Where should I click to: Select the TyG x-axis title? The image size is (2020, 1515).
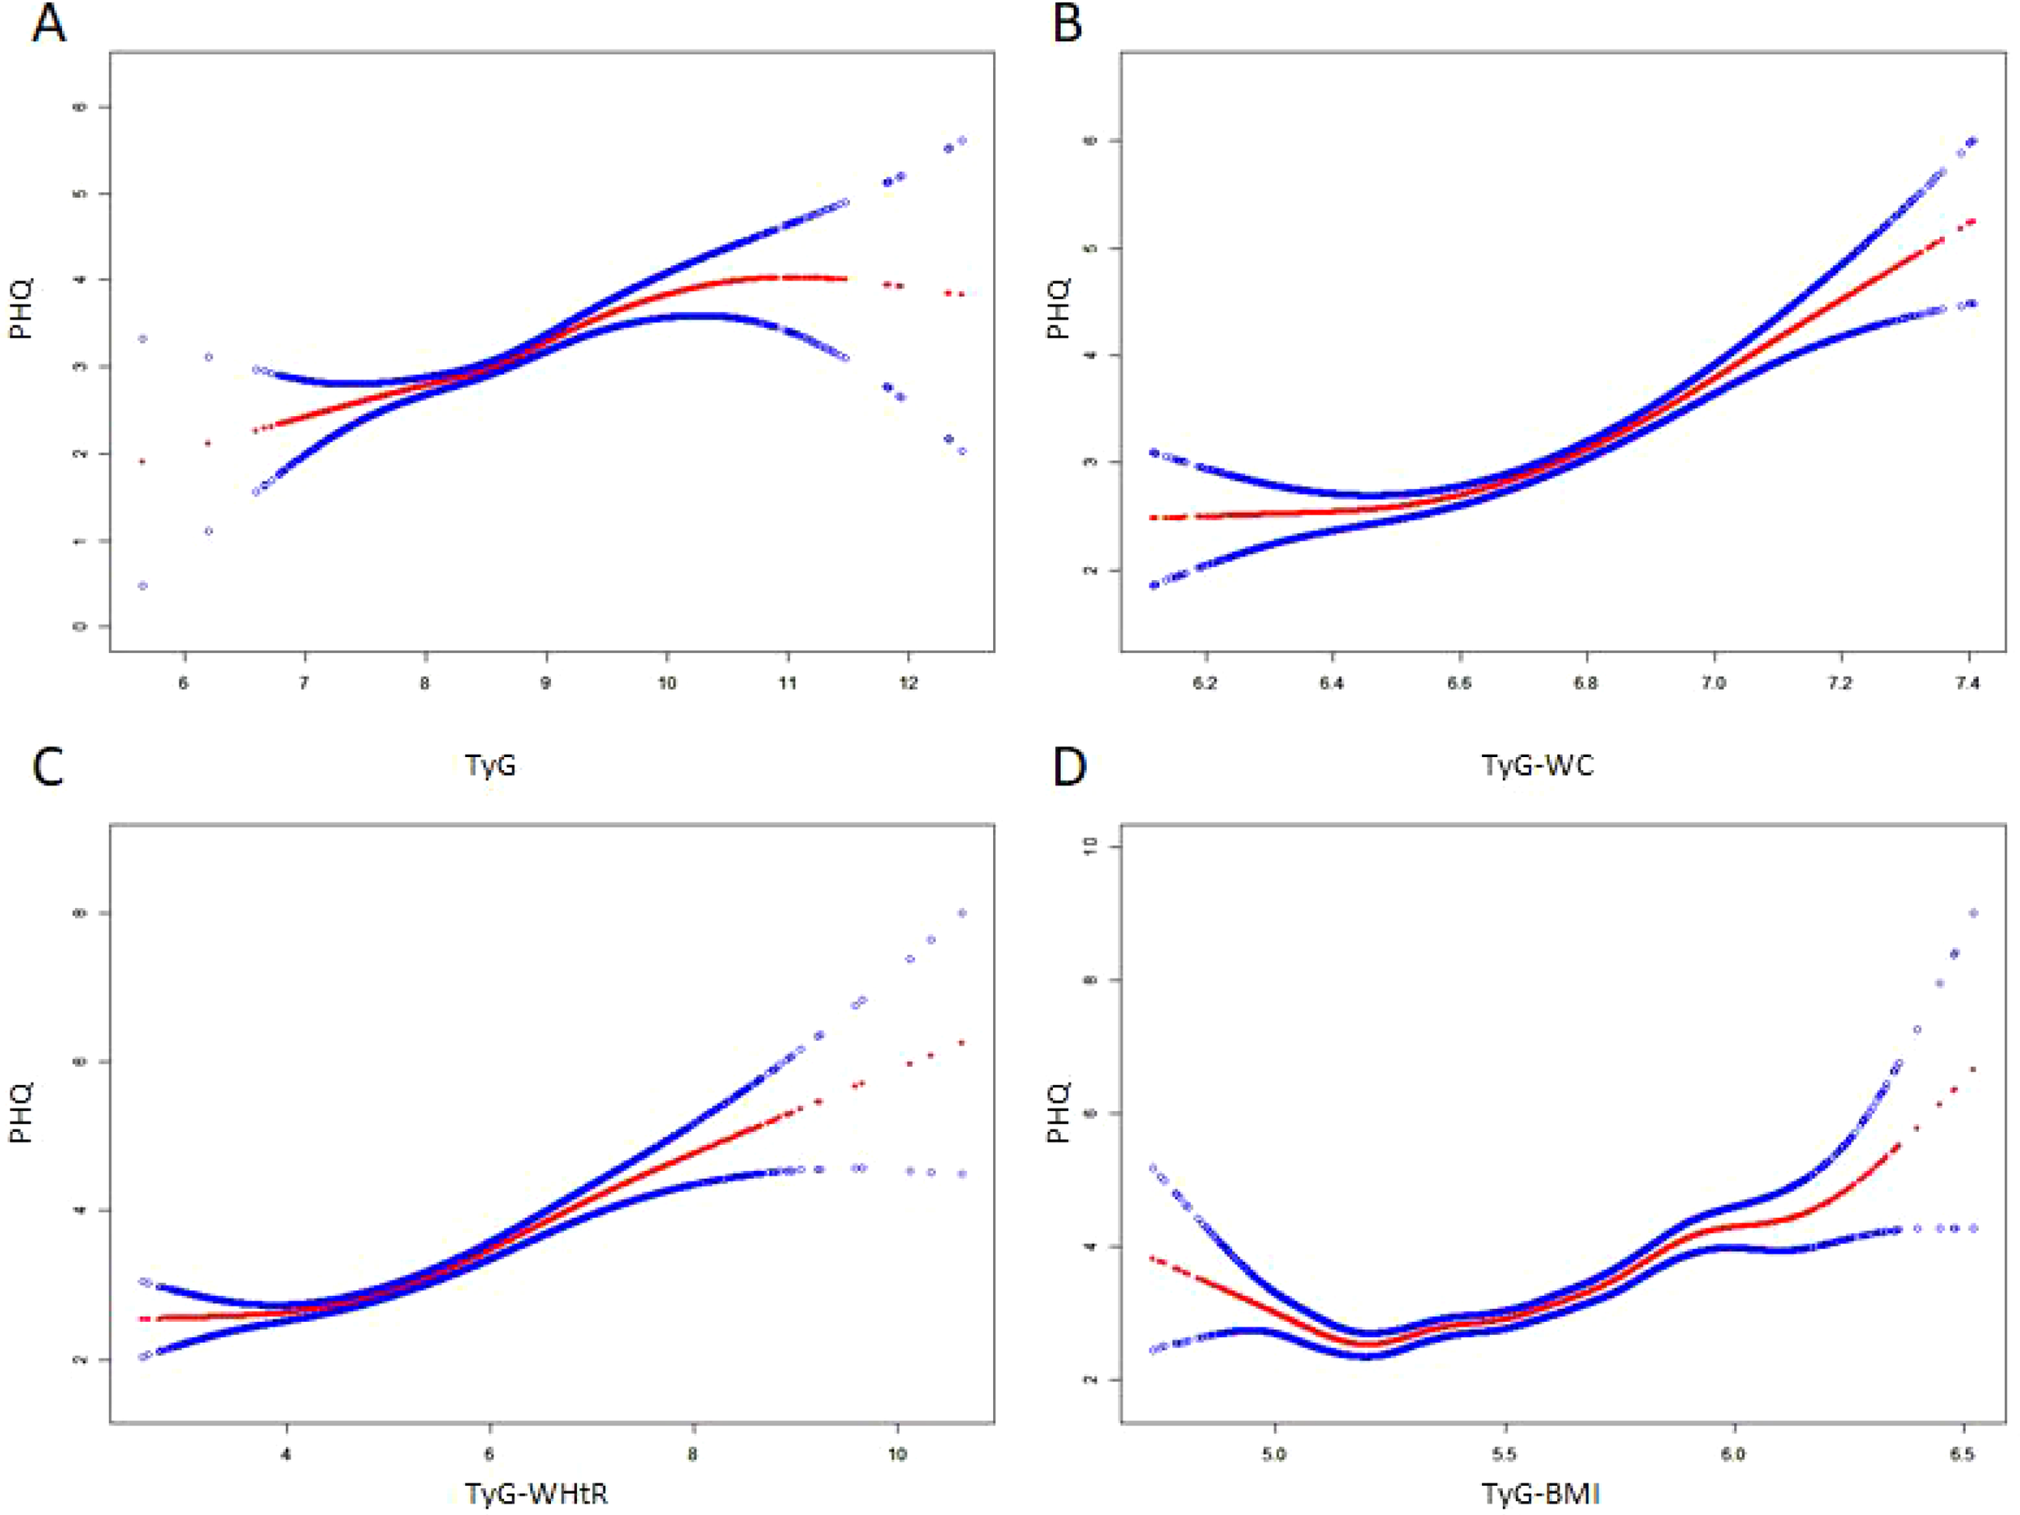[490, 764]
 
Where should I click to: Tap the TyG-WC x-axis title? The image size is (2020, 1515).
[1538, 764]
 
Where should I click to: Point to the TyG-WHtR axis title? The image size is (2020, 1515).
[536, 1493]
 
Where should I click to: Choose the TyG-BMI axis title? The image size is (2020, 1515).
[1540, 1493]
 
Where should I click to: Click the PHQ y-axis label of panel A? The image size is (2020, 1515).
[20, 309]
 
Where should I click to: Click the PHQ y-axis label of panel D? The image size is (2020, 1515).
[1058, 1113]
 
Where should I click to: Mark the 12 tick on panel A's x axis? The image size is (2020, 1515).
[907, 683]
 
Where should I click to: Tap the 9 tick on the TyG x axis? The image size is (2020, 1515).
[545, 683]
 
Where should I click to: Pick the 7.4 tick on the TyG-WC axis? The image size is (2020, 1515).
[1968, 683]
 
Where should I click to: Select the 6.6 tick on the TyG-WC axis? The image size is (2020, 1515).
[1459, 683]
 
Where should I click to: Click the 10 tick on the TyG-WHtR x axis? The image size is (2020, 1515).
[897, 1454]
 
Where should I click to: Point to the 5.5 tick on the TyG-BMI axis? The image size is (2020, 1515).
[1504, 1454]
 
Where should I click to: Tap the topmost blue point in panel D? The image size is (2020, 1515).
[1973, 913]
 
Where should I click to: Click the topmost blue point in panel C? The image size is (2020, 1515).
[962, 913]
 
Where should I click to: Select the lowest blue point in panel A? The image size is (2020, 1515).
[142, 585]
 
